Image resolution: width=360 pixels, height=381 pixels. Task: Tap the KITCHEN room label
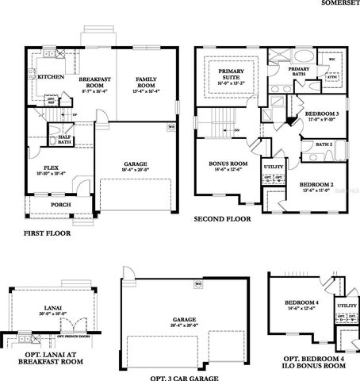pos(51,77)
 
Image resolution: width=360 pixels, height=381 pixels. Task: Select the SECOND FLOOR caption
pos(223,218)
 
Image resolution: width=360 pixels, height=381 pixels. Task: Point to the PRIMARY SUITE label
pos(232,74)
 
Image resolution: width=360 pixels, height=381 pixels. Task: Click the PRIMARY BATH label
pos(299,70)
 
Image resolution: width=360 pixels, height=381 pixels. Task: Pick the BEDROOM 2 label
pos(315,186)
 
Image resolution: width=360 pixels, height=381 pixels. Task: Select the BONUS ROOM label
pos(228,165)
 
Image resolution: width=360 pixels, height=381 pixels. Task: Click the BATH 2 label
pos(324,144)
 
